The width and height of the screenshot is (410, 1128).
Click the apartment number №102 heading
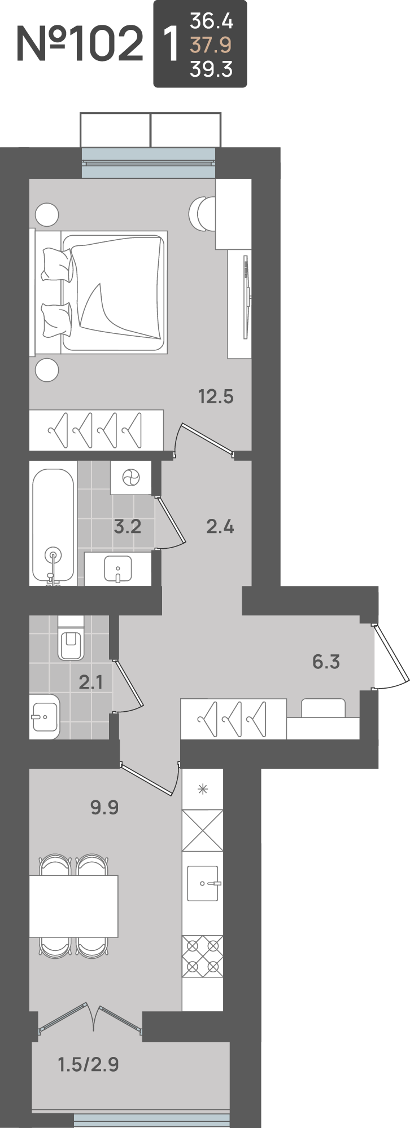(80, 44)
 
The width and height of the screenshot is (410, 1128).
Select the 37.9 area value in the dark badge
(211, 45)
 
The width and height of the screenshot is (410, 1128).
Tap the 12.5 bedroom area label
(216, 396)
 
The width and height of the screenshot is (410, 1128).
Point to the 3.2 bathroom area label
(127, 527)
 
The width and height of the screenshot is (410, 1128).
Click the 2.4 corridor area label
(220, 527)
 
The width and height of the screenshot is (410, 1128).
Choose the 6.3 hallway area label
(326, 662)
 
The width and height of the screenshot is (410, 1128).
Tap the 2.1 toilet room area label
(91, 682)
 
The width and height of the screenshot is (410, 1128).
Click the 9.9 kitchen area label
(104, 808)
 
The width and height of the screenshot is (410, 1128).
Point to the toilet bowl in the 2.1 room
(71, 638)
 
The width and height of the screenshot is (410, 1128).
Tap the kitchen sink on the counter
(203, 883)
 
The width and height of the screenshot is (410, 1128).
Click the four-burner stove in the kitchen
(203, 957)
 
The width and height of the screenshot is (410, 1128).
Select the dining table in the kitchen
(73, 906)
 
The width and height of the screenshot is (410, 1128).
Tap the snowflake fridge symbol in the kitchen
(203, 789)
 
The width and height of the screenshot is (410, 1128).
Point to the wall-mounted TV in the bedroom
(246, 297)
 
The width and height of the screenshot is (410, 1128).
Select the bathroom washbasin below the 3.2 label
(117, 569)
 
